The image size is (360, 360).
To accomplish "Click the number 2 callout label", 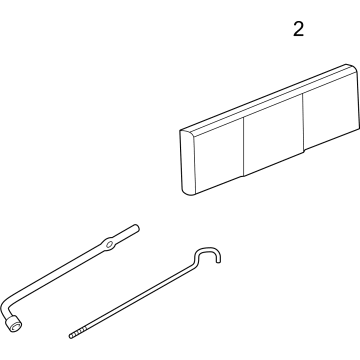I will [297, 30].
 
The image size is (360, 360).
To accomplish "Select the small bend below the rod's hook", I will [199, 266].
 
